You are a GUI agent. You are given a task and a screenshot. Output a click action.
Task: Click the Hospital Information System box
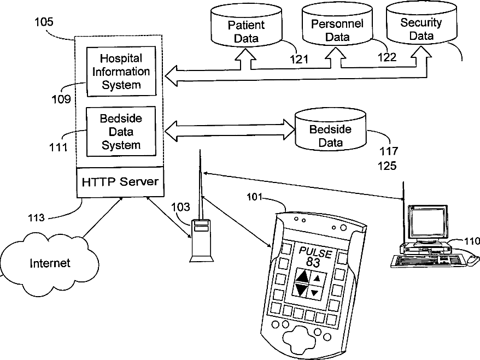121,72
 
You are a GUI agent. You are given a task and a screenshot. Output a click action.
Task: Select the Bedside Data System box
121,132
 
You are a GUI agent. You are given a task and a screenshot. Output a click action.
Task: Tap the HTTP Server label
120,182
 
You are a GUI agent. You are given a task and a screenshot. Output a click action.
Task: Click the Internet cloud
50,263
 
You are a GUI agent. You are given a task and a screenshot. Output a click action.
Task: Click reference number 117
389,151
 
